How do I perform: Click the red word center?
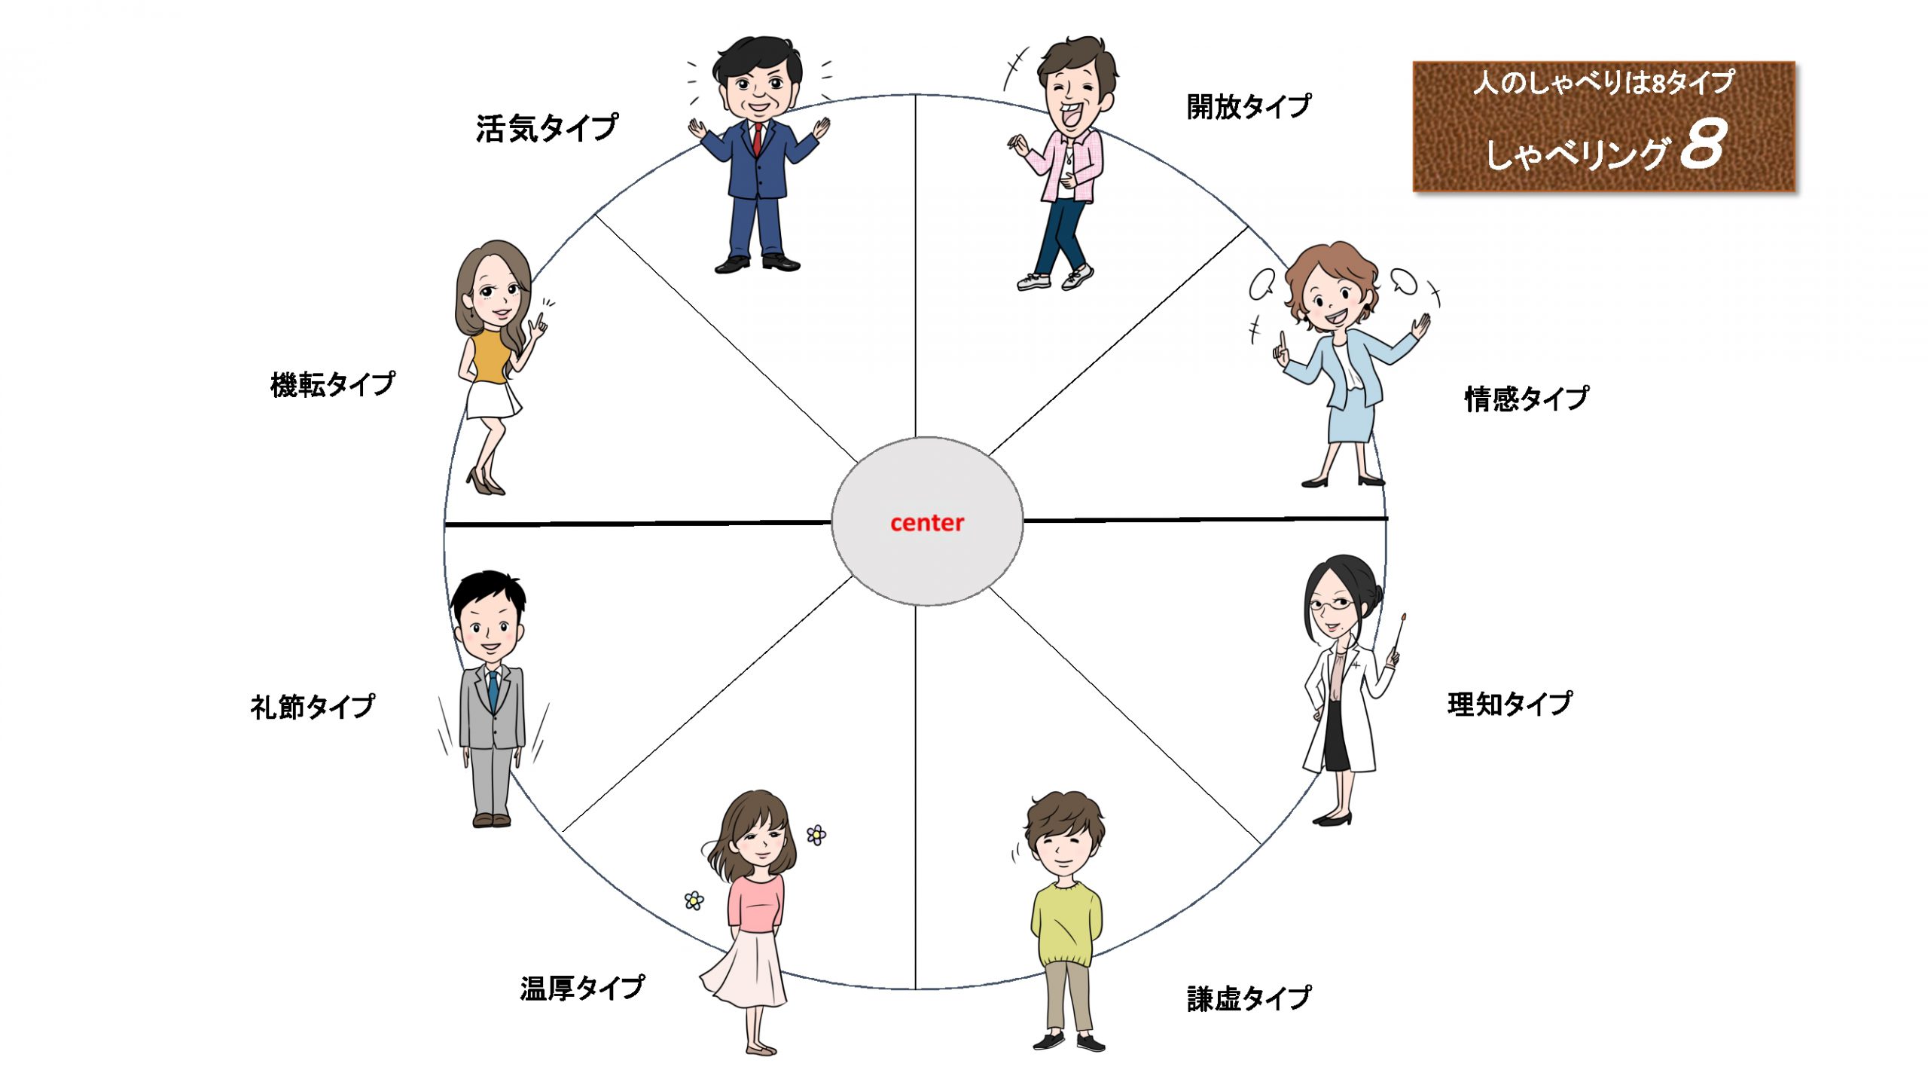pyautogui.click(x=926, y=522)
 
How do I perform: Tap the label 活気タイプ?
pyautogui.click(x=547, y=127)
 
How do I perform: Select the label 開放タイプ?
pyautogui.click(x=1249, y=106)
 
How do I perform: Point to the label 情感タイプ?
pyautogui.click(x=1527, y=398)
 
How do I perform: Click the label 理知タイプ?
pyautogui.click(x=1509, y=704)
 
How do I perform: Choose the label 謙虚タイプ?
pyautogui.click(x=1249, y=998)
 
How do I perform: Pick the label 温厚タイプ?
pyautogui.click(x=582, y=988)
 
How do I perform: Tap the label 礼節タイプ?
pyautogui.click(x=313, y=706)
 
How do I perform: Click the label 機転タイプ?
pyautogui.click(x=332, y=384)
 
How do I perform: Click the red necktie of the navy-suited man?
pyautogui.click(x=758, y=139)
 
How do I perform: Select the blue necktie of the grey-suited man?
pyautogui.click(x=493, y=690)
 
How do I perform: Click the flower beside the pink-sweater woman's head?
pyautogui.click(x=816, y=835)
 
